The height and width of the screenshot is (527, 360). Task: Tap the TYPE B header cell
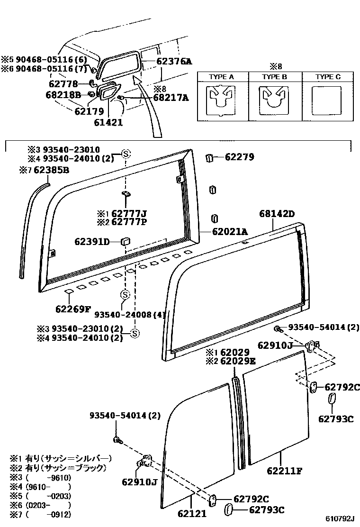(274, 76)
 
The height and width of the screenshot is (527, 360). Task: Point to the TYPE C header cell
(328, 76)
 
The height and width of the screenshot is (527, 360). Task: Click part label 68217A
(171, 98)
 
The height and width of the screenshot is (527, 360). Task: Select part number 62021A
(230, 231)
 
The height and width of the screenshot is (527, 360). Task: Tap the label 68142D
(277, 214)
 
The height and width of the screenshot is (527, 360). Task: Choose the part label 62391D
(92, 242)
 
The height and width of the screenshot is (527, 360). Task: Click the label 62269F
(72, 309)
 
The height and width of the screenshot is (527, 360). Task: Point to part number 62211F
(284, 471)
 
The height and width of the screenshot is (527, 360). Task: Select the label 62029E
(238, 361)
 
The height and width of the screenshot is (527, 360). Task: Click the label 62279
(239, 157)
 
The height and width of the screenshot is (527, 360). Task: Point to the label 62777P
(128, 221)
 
